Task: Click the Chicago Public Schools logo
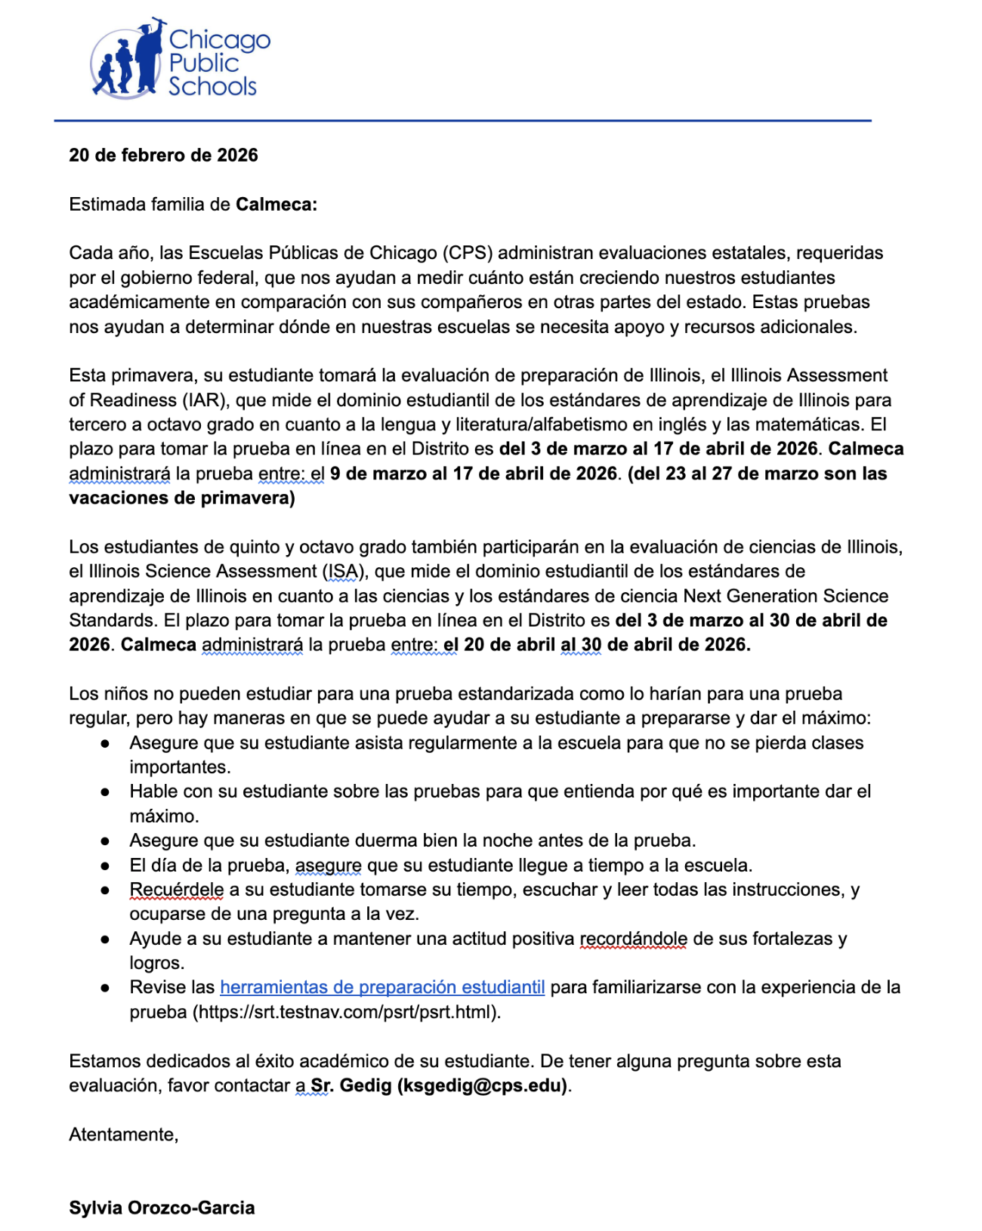tap(180, 60)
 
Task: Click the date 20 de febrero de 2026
tap(163, 156)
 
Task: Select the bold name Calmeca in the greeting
tap(276, 205)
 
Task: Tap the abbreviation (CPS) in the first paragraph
tap(468, 253)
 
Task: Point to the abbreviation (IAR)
tap(202, 400)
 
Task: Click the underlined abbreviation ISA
tap(344, 572)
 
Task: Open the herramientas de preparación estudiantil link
tap(382, 988)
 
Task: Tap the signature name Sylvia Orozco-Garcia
tap(162, 1208)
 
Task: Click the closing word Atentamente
tap(123, 1135)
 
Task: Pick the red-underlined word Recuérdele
tap(177, 890)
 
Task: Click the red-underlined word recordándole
tap(633, 939)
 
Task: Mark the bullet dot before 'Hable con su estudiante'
tap(106, 792)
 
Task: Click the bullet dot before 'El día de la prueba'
tap(106, 866)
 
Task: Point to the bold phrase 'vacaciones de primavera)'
tap(181, 498)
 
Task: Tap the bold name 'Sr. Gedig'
tap(351, 1086)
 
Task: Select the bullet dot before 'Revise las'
tap(106, 989)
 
